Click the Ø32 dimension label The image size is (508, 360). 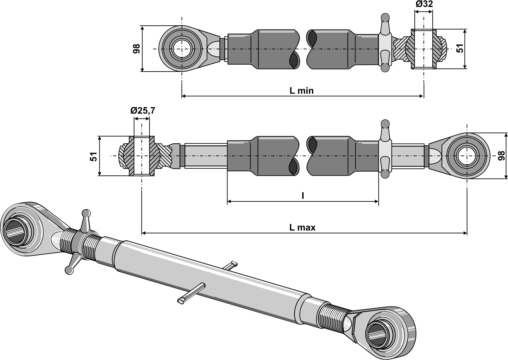point(424,4)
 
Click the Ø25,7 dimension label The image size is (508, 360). point(142,111)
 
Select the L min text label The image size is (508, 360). point(301,91)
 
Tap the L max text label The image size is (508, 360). point(302,227)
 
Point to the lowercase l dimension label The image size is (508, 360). point(303,196)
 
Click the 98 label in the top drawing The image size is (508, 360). point(136,49)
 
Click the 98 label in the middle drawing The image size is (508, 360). point(501,156)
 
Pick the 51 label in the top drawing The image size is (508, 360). point(460,48)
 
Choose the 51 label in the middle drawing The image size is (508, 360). point(94,156)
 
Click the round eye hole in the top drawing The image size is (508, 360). point(182,49)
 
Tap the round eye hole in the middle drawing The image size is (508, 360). point(467,156)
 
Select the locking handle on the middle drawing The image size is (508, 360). point(385,149)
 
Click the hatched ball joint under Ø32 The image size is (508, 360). point(423,49)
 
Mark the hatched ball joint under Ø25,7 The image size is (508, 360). point(141,156)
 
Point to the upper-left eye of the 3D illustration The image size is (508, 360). point(15,230)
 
